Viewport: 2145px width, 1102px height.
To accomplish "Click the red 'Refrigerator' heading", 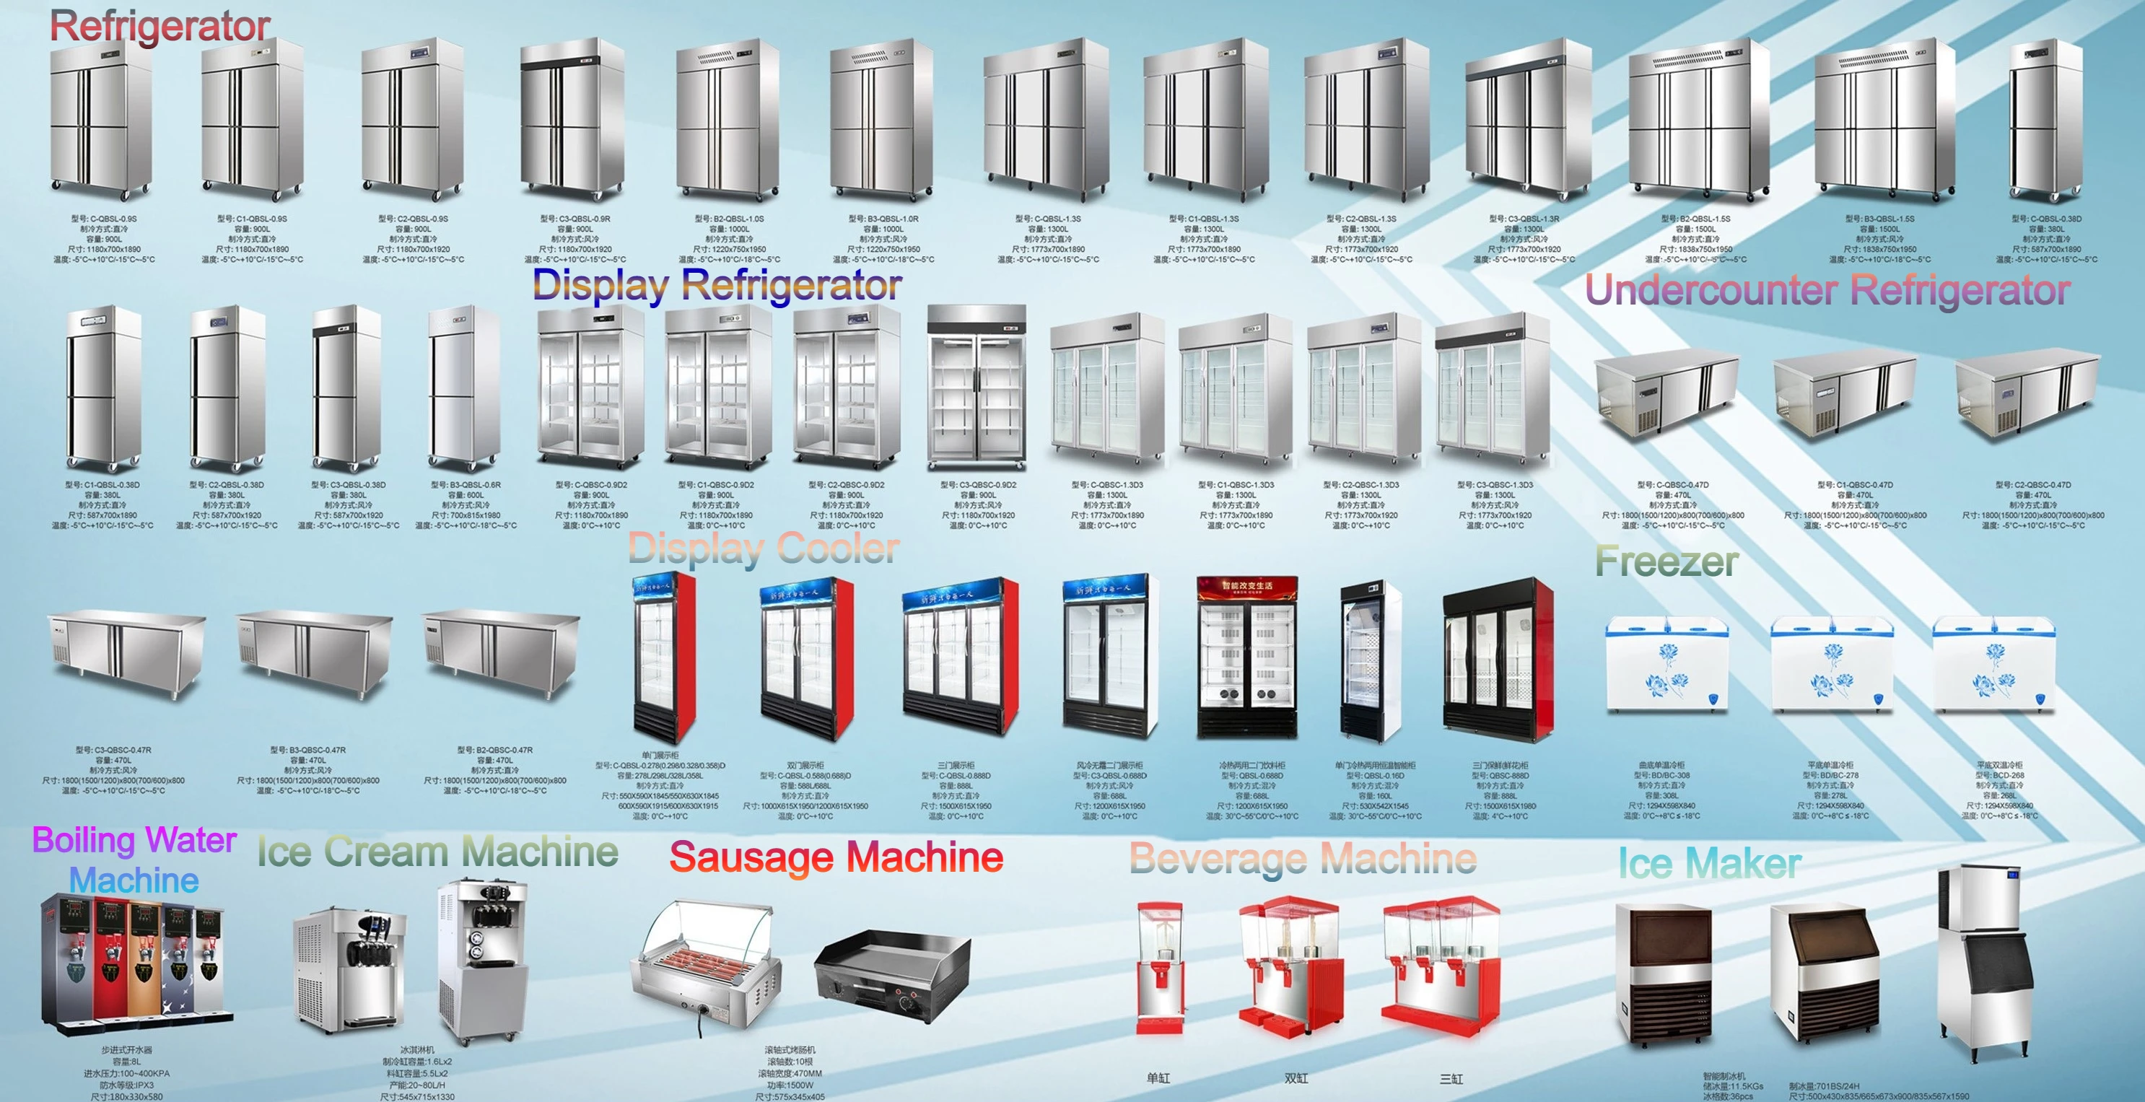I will (160, 27).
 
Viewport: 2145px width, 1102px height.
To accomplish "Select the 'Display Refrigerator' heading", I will (716, 286).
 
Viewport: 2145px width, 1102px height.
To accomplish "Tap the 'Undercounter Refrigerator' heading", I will (1827, 291).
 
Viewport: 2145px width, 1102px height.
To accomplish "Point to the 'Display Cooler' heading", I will (764, 549).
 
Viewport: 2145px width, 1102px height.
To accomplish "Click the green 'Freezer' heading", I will (1666, 561).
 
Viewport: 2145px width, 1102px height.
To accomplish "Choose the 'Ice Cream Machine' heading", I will (437, 852).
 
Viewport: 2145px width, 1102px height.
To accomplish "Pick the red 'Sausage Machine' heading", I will (836, 858).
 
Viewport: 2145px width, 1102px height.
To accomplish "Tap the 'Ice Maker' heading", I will (1710, 863).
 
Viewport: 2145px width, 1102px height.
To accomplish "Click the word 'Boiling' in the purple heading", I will (82, 841).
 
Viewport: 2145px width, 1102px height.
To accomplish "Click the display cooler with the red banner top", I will (1246, 657).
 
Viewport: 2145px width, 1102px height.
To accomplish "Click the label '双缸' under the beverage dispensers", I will (1296, 1079).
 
